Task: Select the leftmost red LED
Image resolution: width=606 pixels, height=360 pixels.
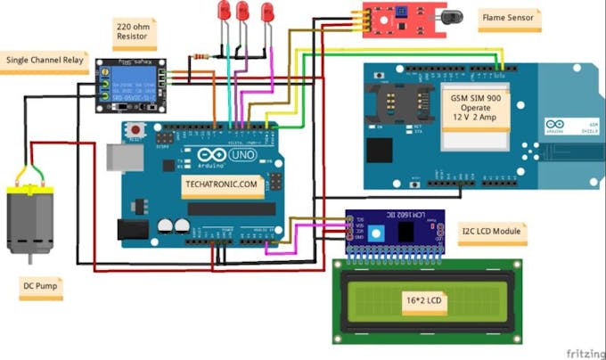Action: [225, 12]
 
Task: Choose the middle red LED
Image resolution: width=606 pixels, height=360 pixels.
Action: [242, 12]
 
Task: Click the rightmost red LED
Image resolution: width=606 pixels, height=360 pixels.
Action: [266, 12]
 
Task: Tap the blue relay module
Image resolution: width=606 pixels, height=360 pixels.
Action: [131, 81]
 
